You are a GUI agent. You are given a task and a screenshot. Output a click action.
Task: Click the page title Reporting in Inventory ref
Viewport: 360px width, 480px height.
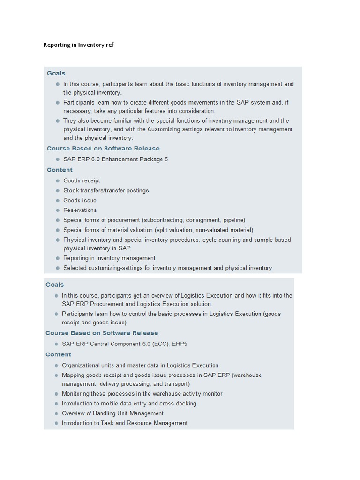(x=78, y=45)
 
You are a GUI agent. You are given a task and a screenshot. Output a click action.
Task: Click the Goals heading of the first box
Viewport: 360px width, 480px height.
(x=56, y=73)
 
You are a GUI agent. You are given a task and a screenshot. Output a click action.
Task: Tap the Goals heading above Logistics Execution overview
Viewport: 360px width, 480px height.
(x=54, y=285)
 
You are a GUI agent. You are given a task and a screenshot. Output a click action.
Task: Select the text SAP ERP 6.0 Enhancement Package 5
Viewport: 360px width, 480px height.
(x=115, y=159)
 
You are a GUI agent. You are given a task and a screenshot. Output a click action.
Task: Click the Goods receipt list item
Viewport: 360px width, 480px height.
(x=82, y=180)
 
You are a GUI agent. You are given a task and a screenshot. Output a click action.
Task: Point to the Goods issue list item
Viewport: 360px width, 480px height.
(x=80, y=200)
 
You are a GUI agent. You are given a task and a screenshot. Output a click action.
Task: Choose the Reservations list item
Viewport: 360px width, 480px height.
(x=80, y=210)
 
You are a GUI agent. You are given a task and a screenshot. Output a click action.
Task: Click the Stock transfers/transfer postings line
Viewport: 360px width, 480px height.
(x=106, y=190)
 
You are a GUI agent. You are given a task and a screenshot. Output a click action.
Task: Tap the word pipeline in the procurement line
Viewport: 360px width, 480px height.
(x=233, y=220)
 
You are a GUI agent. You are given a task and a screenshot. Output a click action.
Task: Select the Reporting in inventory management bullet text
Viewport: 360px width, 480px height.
(x=109, y=258)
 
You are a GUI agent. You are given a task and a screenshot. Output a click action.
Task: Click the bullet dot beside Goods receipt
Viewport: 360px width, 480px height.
(x=58, y=180)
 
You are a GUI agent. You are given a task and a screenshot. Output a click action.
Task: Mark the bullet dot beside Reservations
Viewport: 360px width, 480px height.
(x=58, y=210)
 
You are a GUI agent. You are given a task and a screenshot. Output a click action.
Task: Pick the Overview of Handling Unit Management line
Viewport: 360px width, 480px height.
(x=112, y=413)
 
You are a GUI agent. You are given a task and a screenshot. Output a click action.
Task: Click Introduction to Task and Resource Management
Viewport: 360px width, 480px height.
(x=125, y=423)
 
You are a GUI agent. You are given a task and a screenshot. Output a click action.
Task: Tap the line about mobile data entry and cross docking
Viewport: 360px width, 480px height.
(x=129, y=404)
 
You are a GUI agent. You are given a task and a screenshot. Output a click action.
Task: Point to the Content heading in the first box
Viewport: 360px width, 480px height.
(x=60, y=170)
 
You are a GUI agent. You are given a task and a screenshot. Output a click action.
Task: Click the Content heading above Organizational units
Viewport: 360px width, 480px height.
(x=58, y=354)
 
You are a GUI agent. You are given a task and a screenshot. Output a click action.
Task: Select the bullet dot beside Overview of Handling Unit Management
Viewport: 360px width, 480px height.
(x=56, y=413)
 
